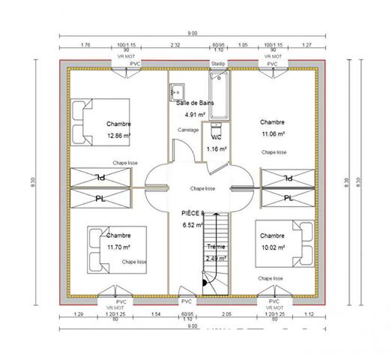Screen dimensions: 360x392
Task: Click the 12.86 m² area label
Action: point(119,136)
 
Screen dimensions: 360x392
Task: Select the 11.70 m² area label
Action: point(119,246)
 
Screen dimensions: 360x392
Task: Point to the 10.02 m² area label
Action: point(272,246)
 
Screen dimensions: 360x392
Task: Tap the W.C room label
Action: point(216,138)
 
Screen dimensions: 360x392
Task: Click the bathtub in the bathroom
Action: point(219,99)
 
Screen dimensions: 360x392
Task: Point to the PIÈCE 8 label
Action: point(193,213)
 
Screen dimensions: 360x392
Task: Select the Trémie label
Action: point(215,247)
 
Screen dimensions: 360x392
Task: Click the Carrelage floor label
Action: point(188,130)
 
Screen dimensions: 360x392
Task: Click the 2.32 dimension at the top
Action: point(175,45)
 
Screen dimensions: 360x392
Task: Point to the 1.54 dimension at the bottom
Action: point(156,313)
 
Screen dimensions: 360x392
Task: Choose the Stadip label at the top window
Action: point(218,64)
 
